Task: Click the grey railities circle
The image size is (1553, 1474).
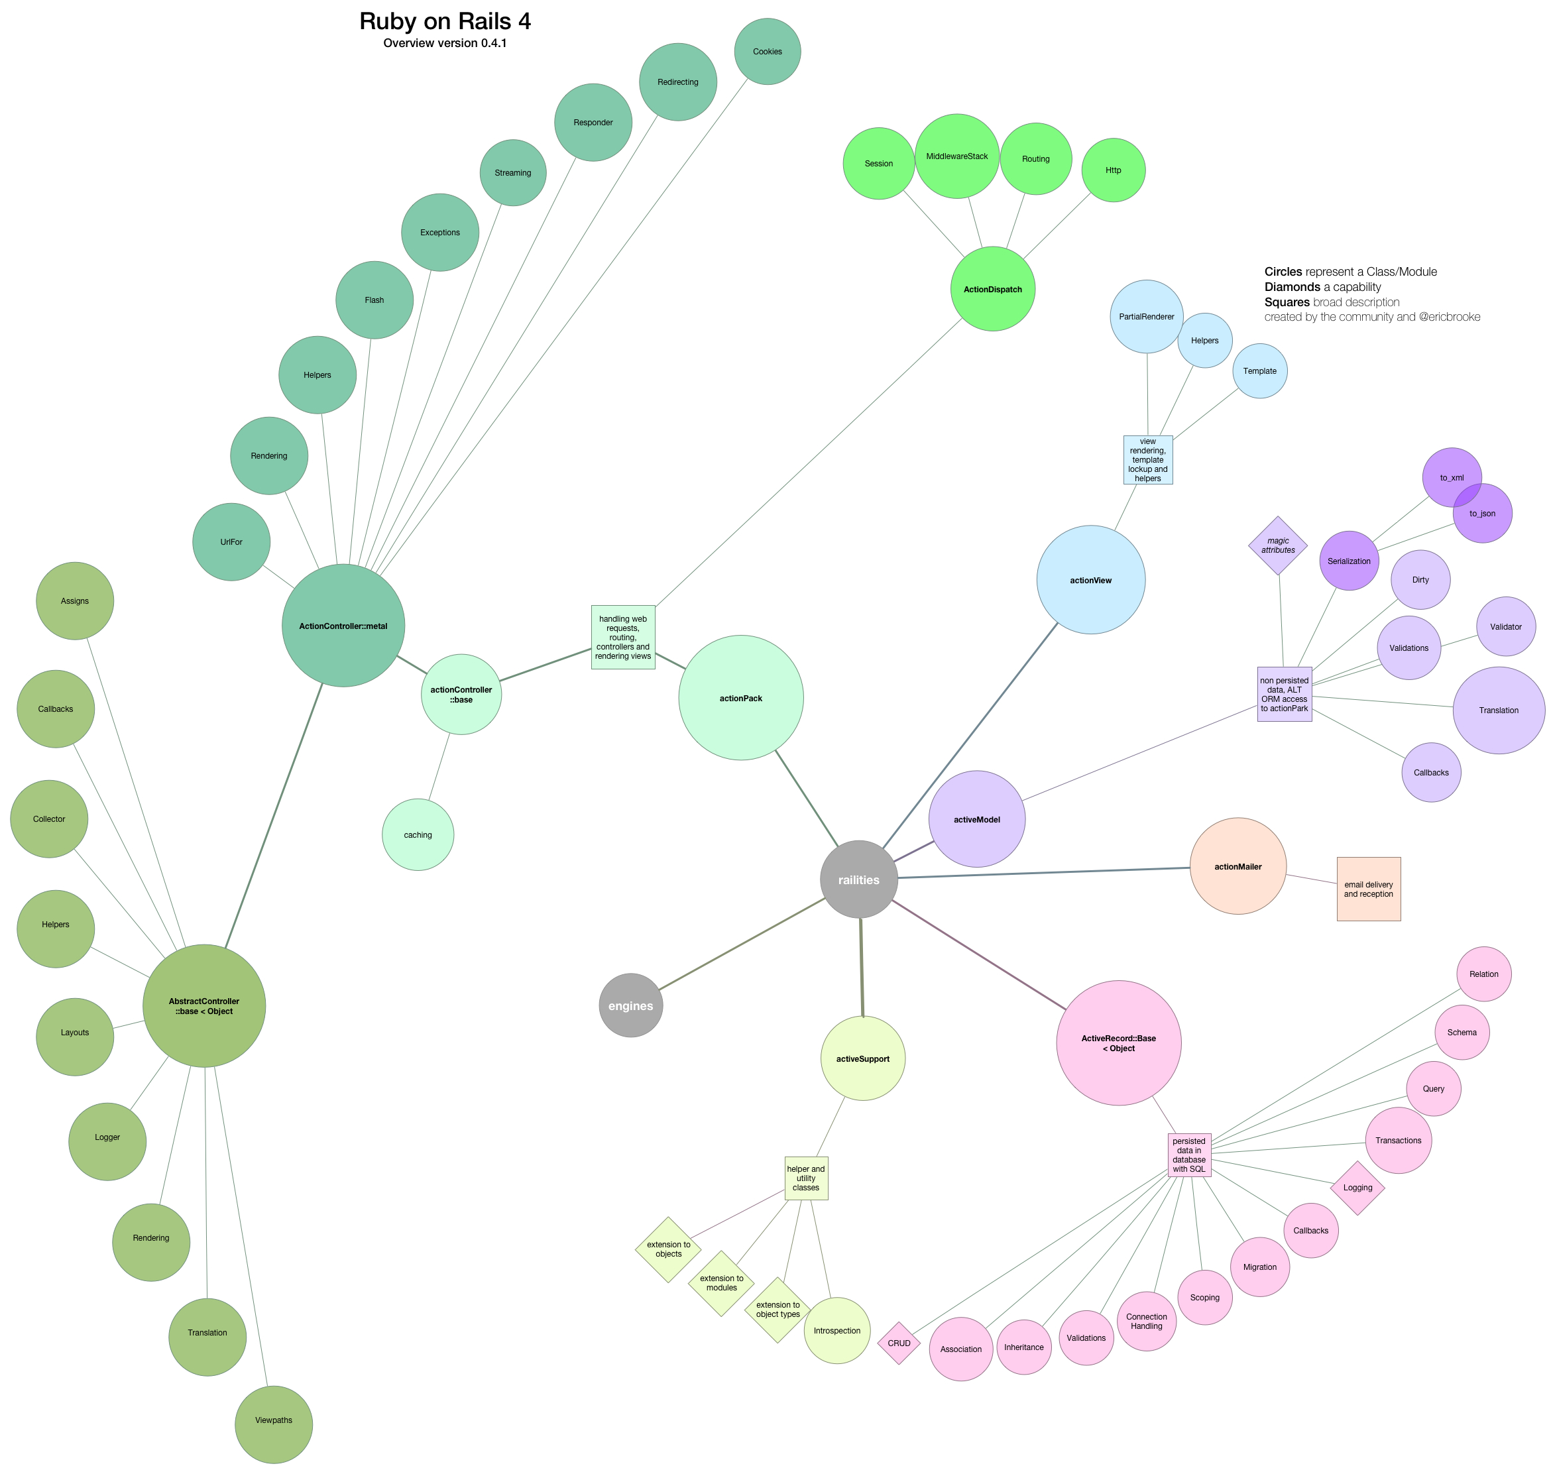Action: [858, 879]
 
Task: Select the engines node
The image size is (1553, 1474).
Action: [630, 1005]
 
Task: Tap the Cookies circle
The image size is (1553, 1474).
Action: [767, 52]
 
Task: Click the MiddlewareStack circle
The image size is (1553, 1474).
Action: [956, 156]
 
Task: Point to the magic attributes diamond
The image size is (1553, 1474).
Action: [1278, 545]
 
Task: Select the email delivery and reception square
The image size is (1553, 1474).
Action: [1368, 889]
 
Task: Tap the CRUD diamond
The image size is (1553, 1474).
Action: [898, 1343]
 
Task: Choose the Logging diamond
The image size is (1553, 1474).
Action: [1357, 1187]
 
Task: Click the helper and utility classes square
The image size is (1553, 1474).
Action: [805, 1178]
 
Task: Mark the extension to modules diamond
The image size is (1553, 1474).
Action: [720, 1283]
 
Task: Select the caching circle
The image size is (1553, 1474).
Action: [418, 834]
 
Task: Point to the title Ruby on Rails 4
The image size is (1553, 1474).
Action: [445, 21]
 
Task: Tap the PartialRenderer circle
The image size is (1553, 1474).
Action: [1147, 317]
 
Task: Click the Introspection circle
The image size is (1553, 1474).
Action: [836, 1330]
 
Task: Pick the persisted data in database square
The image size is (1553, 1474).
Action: [1188, 1155]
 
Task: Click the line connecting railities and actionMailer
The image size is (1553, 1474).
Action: [1045, 872]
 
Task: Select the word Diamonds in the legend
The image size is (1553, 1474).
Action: [1291, 287]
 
